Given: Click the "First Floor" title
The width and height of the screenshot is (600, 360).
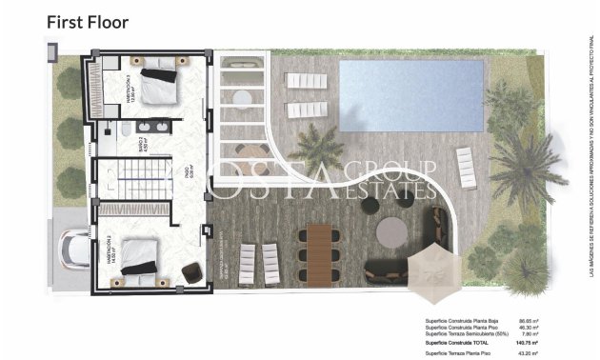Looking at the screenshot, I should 88,20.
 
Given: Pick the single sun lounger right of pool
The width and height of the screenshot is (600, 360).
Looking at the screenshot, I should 467,168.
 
